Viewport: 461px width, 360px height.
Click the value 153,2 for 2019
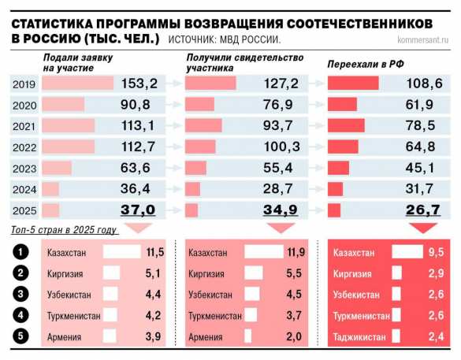(141, 84)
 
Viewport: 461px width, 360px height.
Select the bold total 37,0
(139, 209)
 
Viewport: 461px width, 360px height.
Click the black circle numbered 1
(21, 252)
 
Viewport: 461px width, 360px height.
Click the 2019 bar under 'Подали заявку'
(78, 84)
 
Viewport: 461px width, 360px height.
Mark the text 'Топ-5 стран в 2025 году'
(65, 231)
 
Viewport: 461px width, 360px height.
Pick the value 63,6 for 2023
(142, 167)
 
